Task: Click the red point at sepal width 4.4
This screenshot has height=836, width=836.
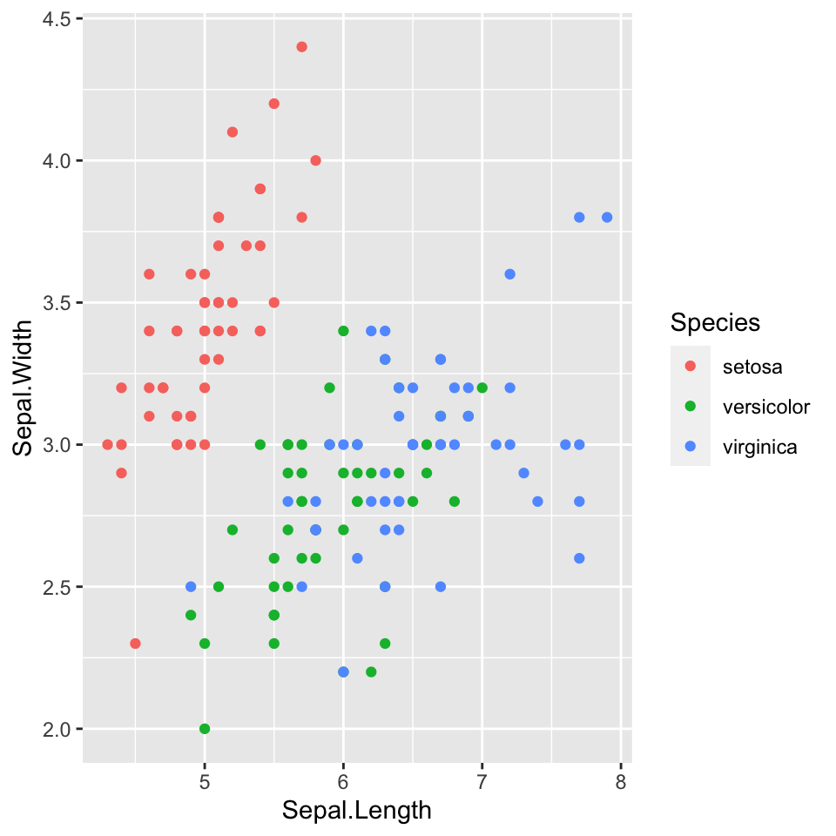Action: click(301, 47)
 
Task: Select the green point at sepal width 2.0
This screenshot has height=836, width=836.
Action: click(205, 728)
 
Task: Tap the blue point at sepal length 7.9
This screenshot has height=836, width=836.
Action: click(607, 217)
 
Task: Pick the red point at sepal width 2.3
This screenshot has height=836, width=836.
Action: click(135, 644)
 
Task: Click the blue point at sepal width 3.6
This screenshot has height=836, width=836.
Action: click(510, 274)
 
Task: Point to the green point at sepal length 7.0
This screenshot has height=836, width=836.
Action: click(482, 388)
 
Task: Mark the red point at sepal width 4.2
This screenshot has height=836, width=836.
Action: click(273, 104)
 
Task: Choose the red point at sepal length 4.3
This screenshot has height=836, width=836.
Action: click(107, 444)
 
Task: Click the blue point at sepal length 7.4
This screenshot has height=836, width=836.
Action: click(537, 501)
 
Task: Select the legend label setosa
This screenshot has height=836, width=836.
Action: click(752, 367)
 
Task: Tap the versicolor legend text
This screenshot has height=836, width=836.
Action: click(766, 407)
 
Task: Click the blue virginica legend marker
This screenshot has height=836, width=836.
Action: click(691, 448)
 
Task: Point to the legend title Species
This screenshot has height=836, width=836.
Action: click(715, 322)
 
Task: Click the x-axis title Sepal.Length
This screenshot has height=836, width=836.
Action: click(357, 811)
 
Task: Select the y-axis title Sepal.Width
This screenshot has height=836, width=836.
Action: click(24, 388)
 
